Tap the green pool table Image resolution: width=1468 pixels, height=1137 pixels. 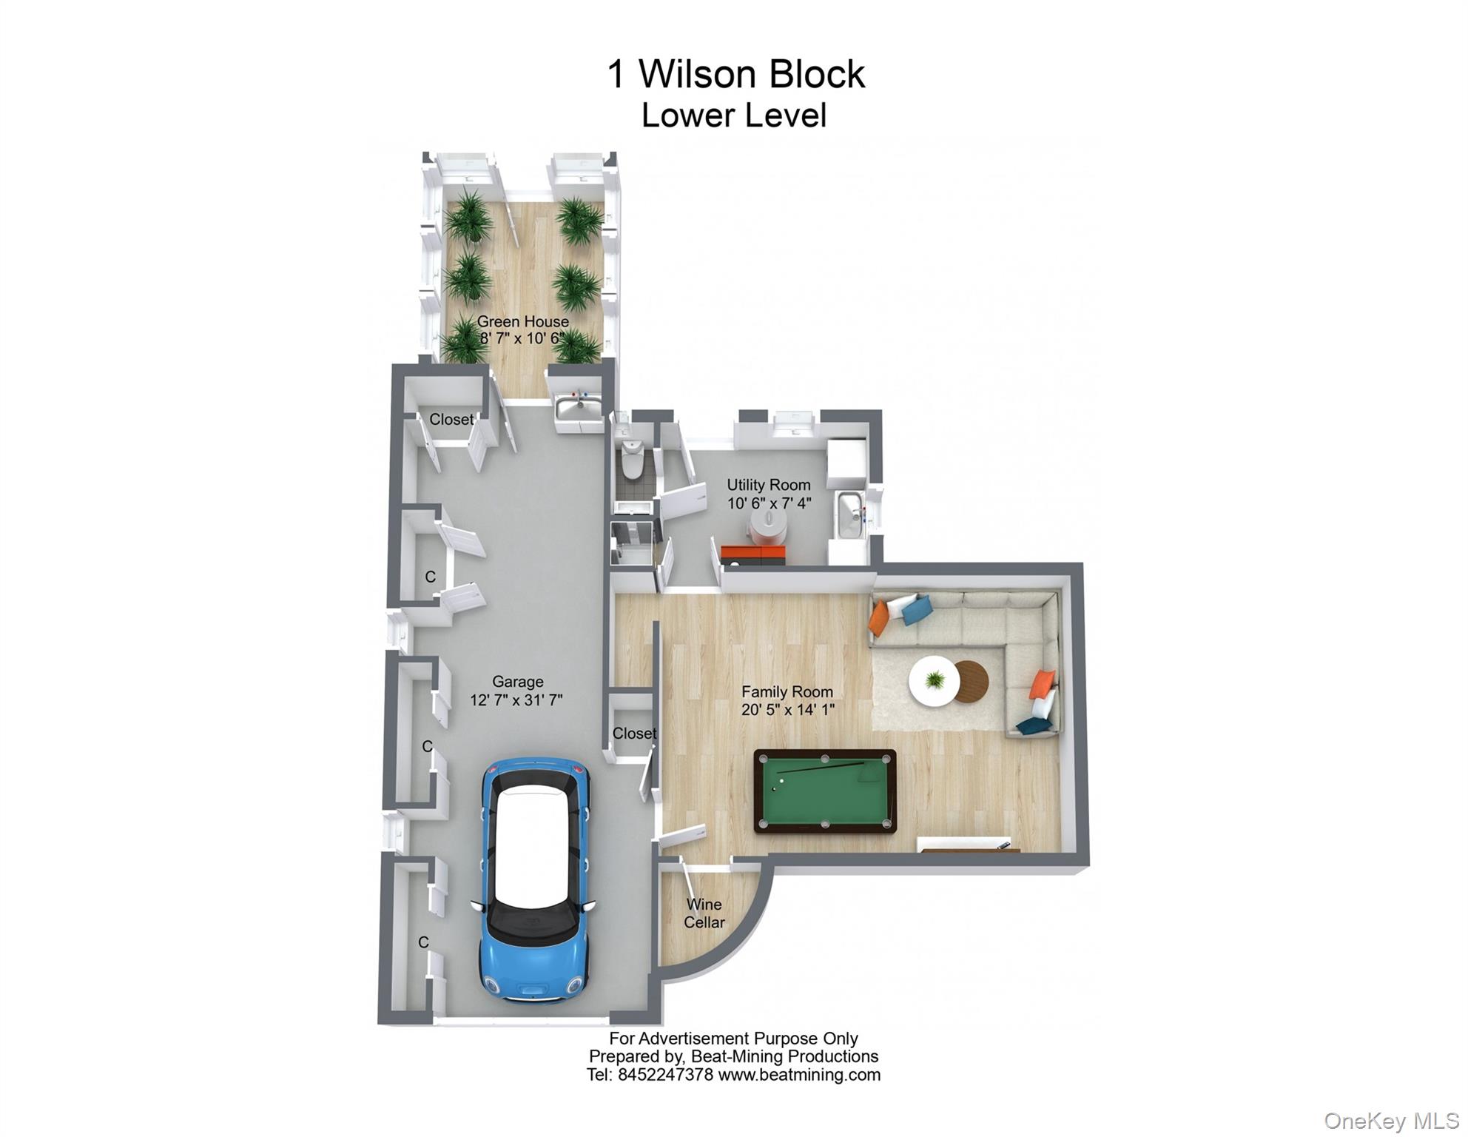click(x=825, y=791)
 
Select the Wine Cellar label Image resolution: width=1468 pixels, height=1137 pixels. click(x=704, y=913)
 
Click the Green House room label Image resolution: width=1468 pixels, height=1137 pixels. click(x=522, y=321)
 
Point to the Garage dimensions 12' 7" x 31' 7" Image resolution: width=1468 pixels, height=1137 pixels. click(x=516, y=700)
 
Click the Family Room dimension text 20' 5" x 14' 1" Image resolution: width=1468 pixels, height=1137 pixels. click(x=787, y=710)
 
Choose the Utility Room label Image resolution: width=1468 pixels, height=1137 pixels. click(x=768, y=485)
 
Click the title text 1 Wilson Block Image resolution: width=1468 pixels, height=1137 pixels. click(x=735, y=74)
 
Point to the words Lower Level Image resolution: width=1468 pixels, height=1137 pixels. click(x=733, y=115)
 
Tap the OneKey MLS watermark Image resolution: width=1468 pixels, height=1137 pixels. click(x=1390, y=1121)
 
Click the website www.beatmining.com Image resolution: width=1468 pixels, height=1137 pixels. click(x=799, y=1075)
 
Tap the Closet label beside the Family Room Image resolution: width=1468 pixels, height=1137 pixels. click(x=634, y=733)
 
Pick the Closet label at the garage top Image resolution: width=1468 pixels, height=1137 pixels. click(x=451, y=419)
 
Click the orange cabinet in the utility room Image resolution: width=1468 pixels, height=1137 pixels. click(x=752, y=553)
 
